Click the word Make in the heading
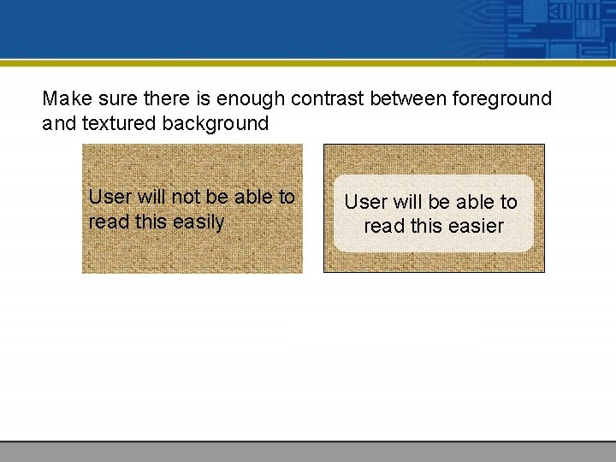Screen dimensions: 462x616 click(x=62, y=99)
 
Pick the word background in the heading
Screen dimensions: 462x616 click(x=216, y=124)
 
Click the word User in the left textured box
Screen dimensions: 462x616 click(x=110, y=197)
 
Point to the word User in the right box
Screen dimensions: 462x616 click(x=365, y=203)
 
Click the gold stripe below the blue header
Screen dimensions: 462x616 click(x=308, y=62)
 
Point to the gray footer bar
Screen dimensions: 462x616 click(x=308, y=451)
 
